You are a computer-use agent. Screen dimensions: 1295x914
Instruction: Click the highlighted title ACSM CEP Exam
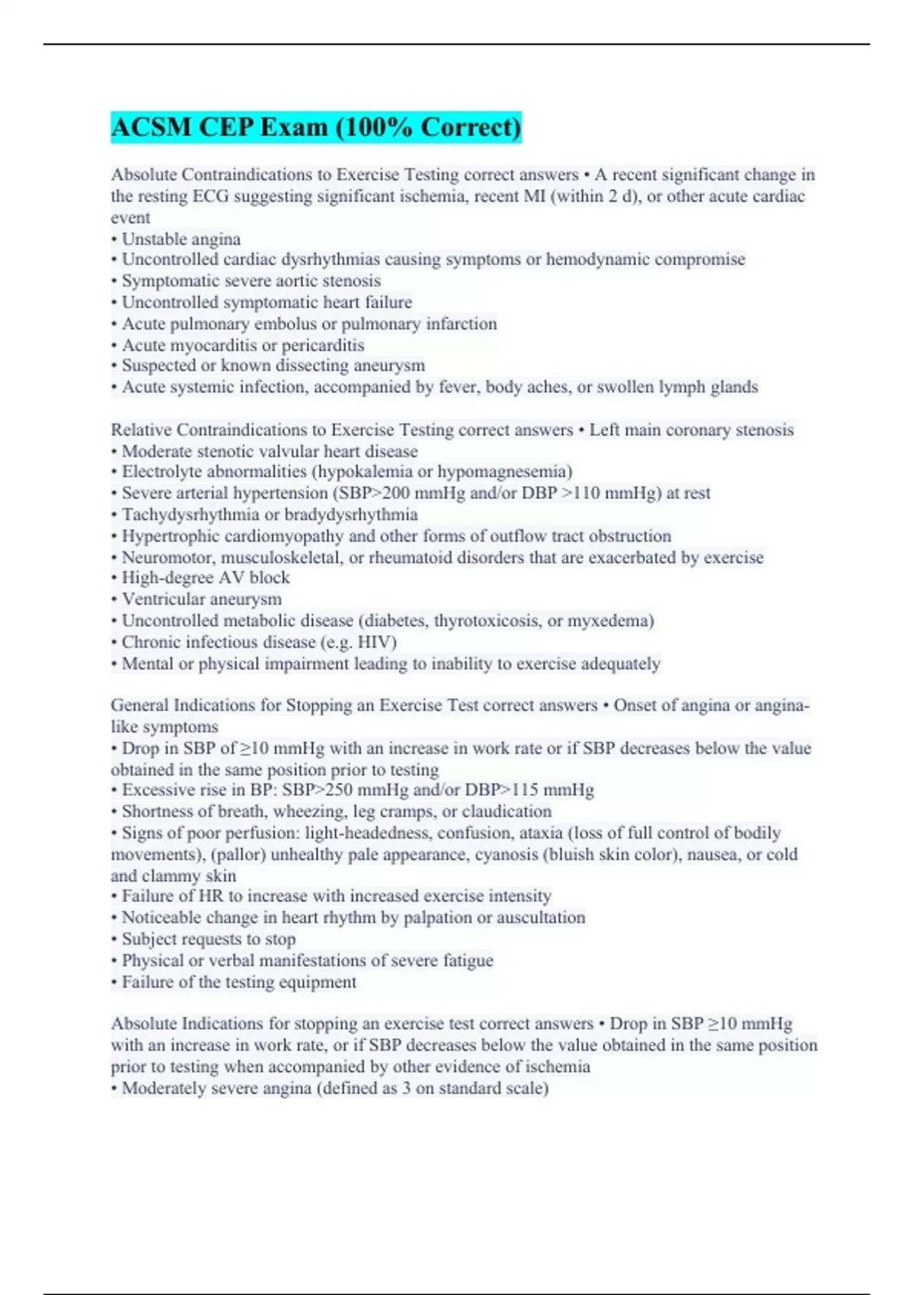tap(315, 126)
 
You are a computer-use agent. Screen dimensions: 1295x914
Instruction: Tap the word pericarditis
tap(323, 345)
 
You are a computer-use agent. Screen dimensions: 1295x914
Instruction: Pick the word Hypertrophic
tap(170, 536)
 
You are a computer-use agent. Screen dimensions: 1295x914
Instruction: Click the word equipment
tap(318, 982)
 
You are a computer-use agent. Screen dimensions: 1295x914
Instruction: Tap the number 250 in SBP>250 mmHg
tap(339, 790)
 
